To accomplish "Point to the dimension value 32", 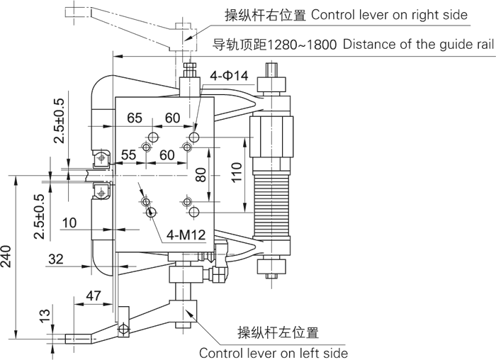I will pyautogui.click(x=56, y=260).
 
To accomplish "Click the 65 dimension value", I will pyautogui.click(x=135, y=117).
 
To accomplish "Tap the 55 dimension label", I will pyautogui.click(x=129, y=154).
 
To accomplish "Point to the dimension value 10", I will pyautogui.click(x=69, y=223).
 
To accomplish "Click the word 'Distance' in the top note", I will pyautogui.click(x=368, y=45).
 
